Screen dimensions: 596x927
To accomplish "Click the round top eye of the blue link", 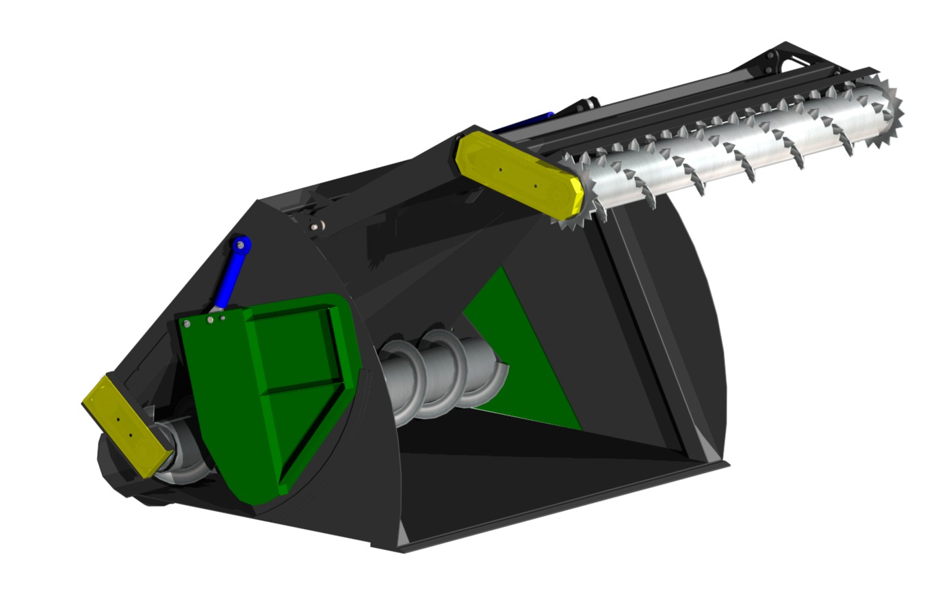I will tap(240, 244).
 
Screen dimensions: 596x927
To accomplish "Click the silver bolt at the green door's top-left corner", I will tap(187, 323).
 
